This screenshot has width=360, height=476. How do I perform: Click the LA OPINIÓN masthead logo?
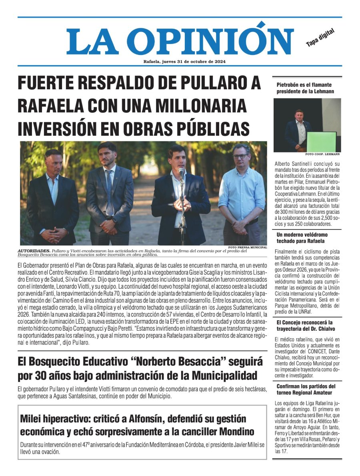(180, 41)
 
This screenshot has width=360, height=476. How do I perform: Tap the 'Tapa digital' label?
(320, 38)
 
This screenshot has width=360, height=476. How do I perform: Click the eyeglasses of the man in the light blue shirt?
(240, 156)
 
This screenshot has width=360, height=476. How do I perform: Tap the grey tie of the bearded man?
(109, 192)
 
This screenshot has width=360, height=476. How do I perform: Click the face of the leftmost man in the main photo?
(53, 162)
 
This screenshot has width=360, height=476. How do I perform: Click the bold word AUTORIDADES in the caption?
(34, 251)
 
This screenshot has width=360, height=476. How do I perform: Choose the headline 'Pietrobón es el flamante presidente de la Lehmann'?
(304, 88)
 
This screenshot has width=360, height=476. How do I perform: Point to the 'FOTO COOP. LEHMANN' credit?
(322, 154)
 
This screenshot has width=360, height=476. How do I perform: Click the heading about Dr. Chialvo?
(304, 325)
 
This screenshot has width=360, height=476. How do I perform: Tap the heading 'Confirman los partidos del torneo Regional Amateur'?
(306, 390)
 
